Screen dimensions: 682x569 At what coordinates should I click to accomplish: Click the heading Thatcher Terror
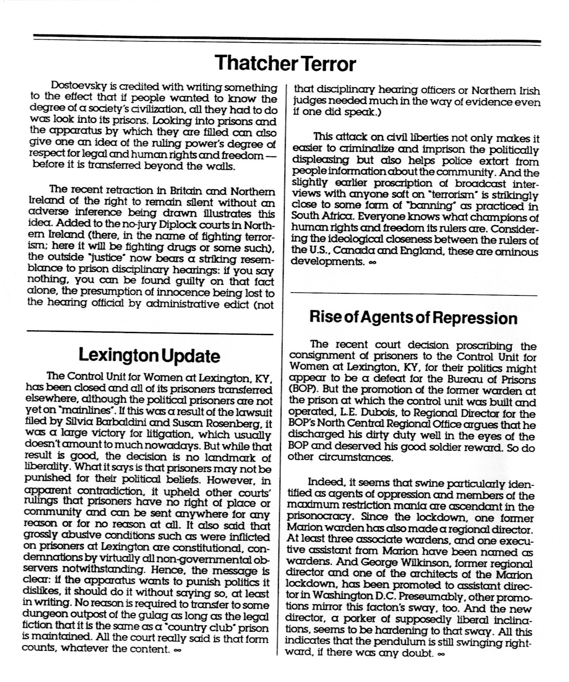coord(285,63)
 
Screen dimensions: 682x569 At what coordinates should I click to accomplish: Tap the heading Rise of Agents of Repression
coord(413,317)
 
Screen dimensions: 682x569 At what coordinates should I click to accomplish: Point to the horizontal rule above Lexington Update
coord(149,334)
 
